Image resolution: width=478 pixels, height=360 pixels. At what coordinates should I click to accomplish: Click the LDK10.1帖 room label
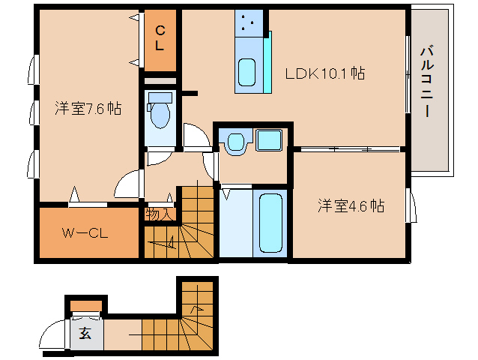pyautogui.click(x=324, y=73)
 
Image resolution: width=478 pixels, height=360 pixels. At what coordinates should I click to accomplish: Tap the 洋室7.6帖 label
pyautogui.click(x=88, y=108)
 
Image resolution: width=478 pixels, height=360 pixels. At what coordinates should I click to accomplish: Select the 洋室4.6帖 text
pyautogui.click(x=350, y=205)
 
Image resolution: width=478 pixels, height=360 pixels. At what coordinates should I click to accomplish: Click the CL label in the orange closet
pyautogui.click(x=160, y=37)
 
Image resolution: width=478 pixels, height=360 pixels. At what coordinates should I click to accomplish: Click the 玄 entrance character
pyautogui.click(x=85, y=334)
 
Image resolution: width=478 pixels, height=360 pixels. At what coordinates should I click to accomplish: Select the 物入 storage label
pyautogui.click(x=159, y=214)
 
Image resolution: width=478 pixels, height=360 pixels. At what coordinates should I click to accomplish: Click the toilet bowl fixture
pyautogui.click(x=160, y=114)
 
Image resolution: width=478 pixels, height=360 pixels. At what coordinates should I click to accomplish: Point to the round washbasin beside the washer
pyautogui.click(x=236, y=141)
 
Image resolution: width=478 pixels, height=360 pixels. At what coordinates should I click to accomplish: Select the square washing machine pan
pyautogui.click(x=268, y=141)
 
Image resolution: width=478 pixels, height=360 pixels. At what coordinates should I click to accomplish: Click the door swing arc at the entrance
pyautogui.click(x=54, y=334)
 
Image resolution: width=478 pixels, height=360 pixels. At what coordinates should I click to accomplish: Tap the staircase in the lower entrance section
pyautogui.click(x=180, y=322)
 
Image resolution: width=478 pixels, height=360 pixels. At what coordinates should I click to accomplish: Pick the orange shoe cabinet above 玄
pyautogui.click(x=87, y=306)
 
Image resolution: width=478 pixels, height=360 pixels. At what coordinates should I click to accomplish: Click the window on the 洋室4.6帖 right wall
pyautogui.click(x=410, y=205)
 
